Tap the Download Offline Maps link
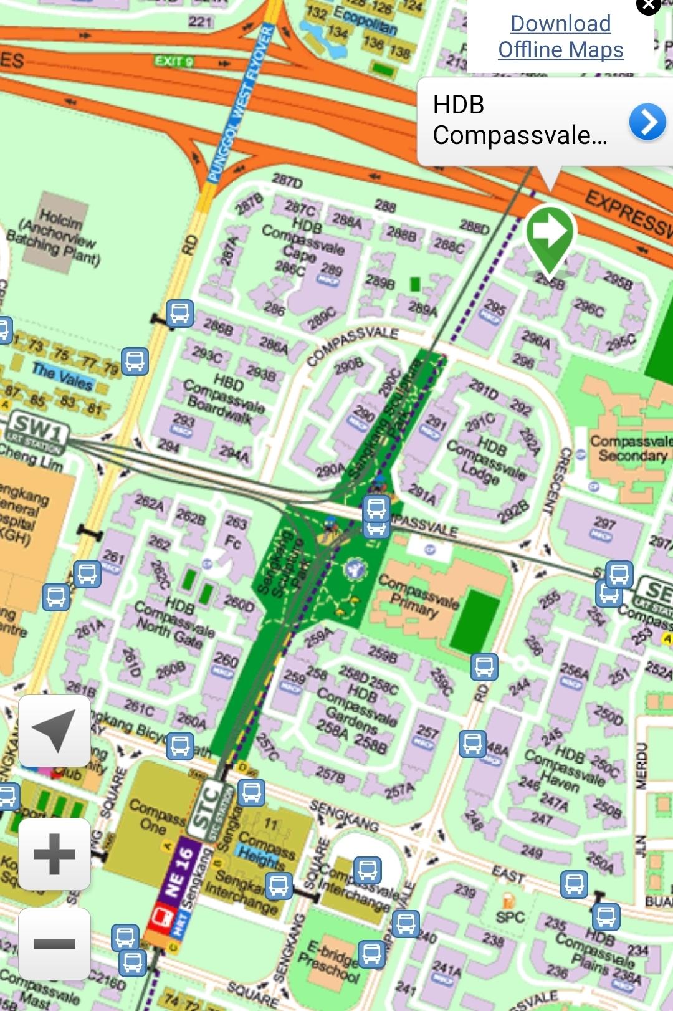(560, 37)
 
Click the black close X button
(648, 6)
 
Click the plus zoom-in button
(55, 854)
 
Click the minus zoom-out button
(55, 944)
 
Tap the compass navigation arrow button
(55, 731)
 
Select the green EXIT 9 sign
(174, 61)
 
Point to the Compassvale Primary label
(418, 595)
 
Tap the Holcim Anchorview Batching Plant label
(55, 237)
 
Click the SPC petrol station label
(509, 916)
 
